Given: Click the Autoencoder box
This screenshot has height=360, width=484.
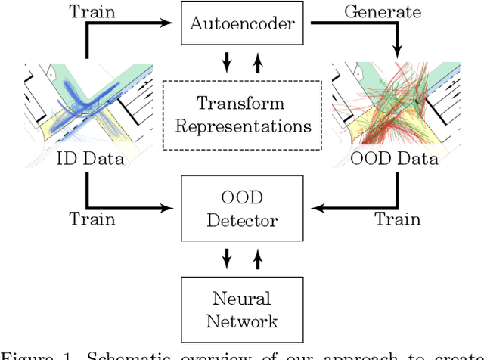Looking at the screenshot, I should [242, 25].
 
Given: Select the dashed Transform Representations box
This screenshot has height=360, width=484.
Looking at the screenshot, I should [242, 114].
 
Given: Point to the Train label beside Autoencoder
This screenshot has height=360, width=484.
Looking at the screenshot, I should [92, 11].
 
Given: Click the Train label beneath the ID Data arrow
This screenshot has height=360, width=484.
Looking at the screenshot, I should [92, 219].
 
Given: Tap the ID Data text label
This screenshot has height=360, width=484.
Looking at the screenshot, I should [88, 158].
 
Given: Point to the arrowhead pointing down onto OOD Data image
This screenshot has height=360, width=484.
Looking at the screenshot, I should [395, 54].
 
